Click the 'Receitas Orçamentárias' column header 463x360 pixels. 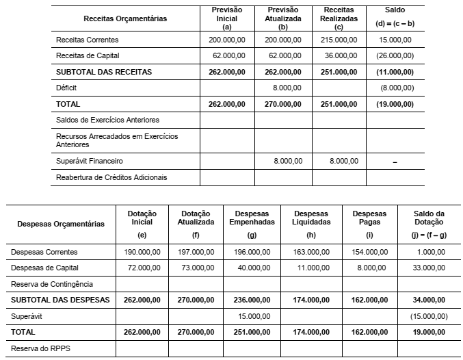(x=124, y=18)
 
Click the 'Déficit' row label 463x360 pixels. (x=66, y=88)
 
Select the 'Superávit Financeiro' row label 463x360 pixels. (x=90, y=162)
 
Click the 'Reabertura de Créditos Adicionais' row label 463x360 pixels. (x=111, y=177)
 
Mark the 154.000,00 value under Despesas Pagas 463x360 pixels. (x=371, y=253)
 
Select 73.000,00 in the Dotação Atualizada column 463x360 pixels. (x=196, y=268)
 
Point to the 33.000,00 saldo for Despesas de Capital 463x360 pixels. (x=431, y=268)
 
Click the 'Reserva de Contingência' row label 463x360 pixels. (x=51, y=283)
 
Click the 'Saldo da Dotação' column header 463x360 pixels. (x=429, y=218)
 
